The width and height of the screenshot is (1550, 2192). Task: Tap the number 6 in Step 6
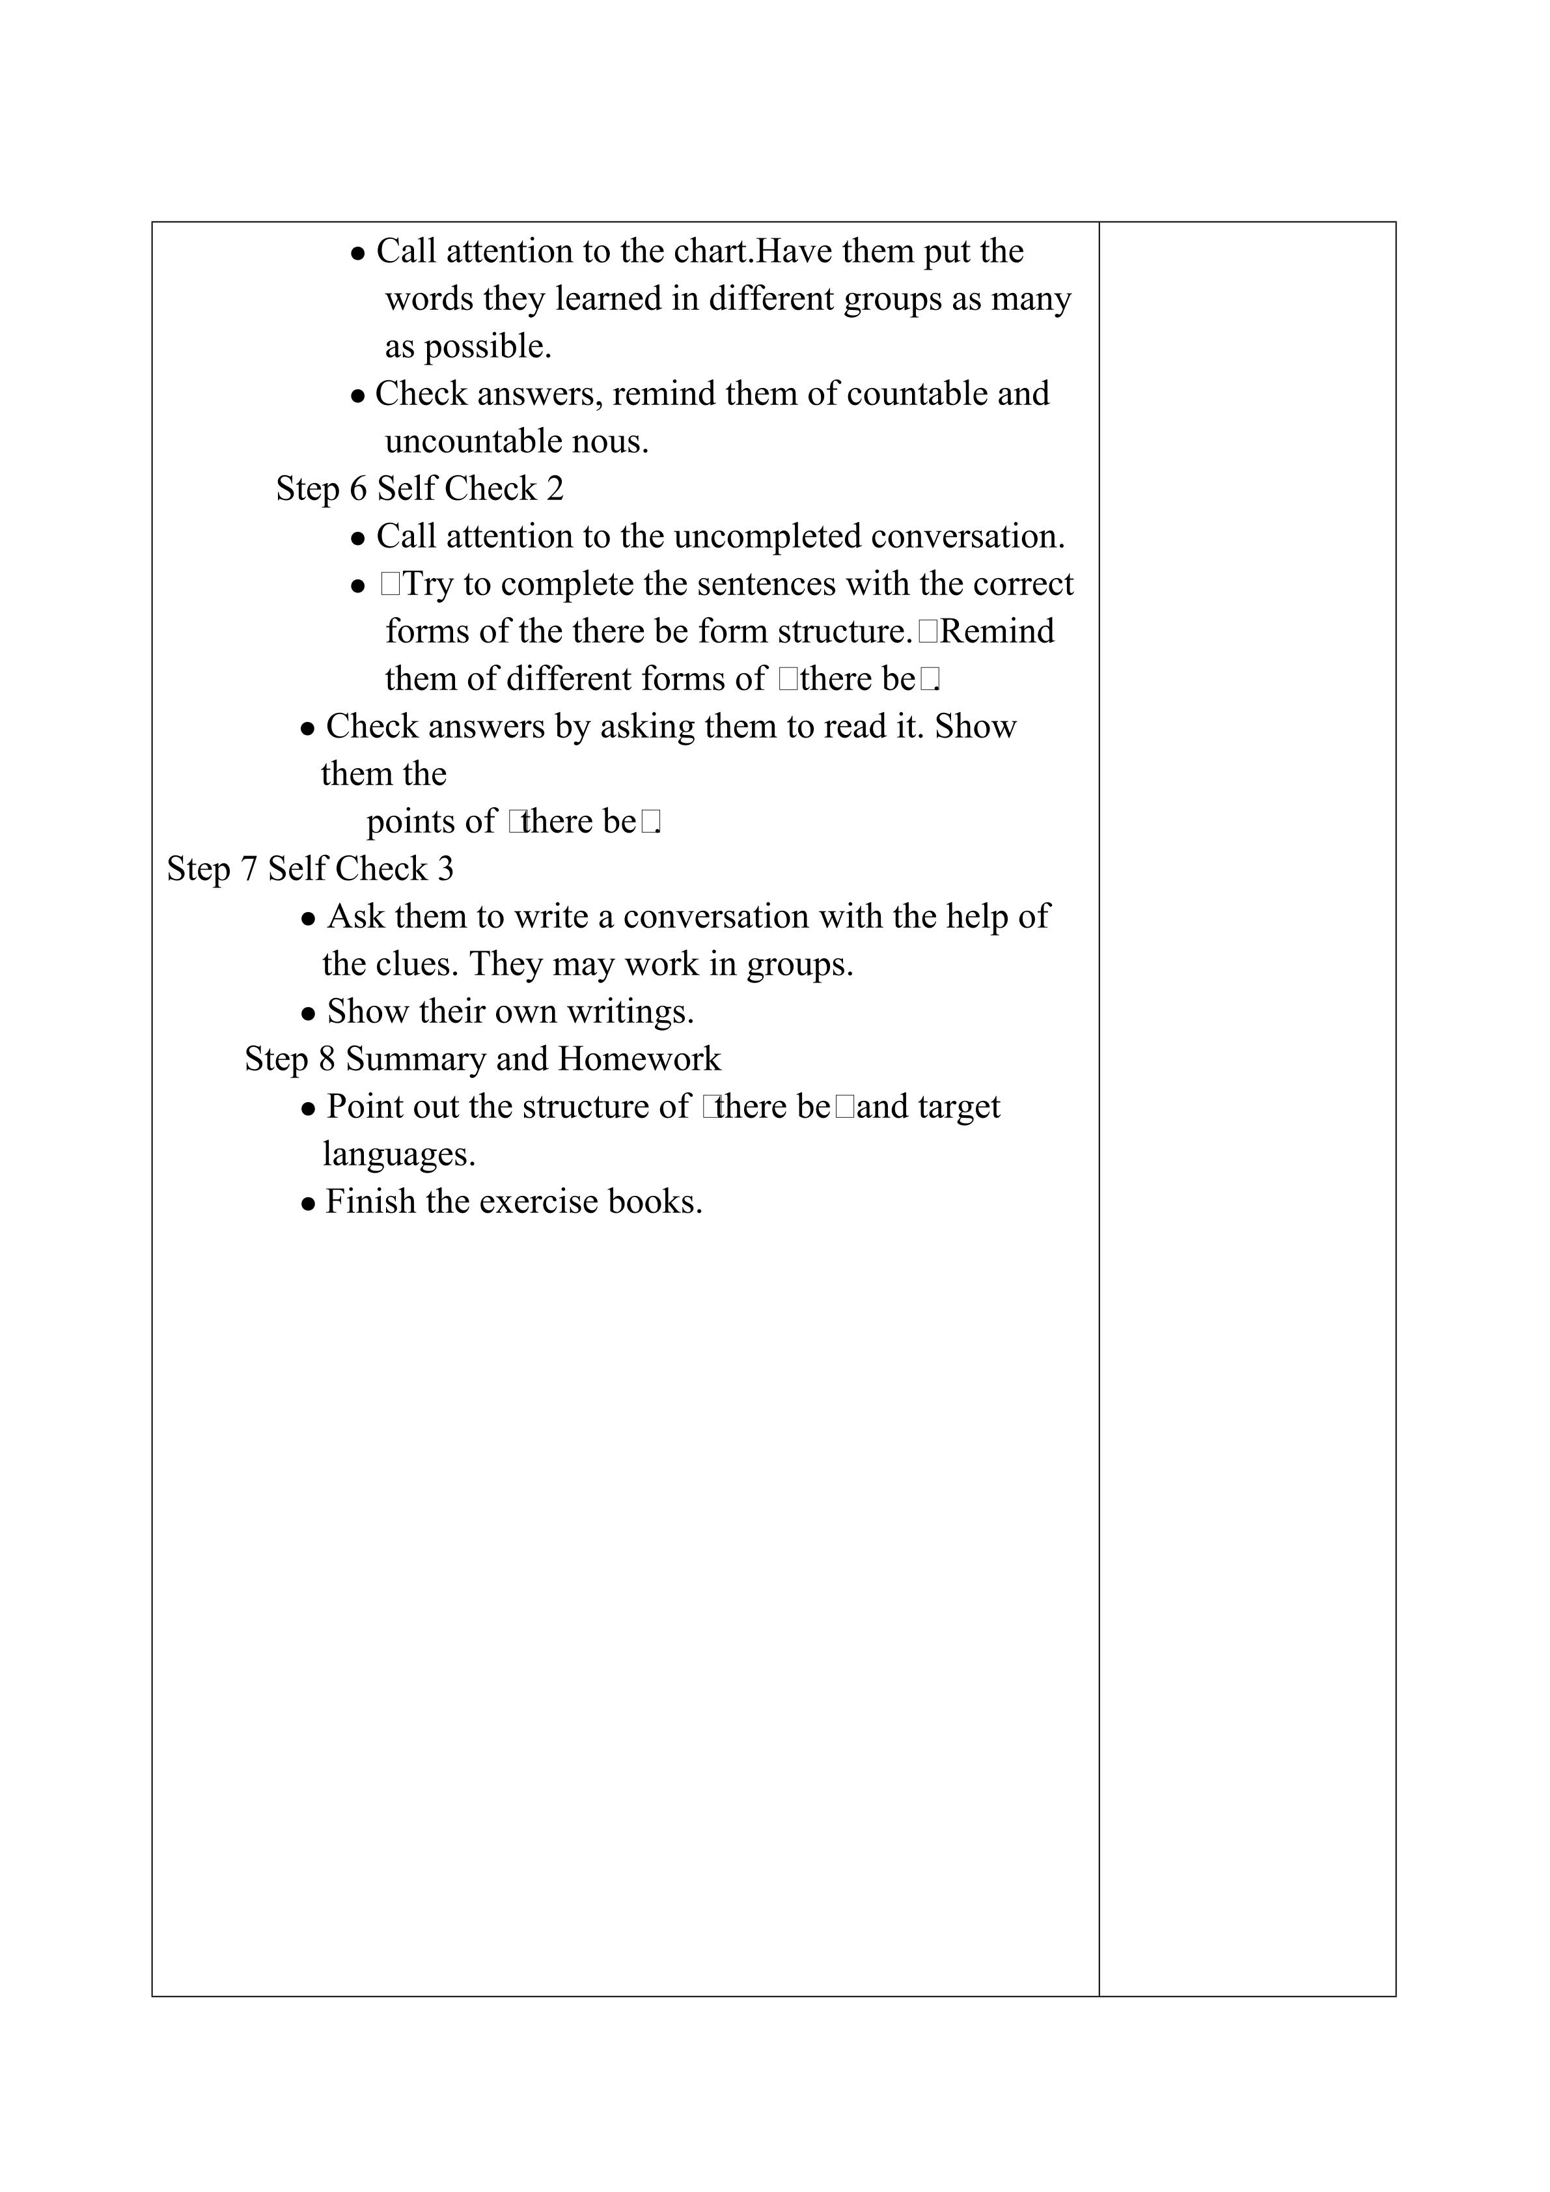click(x=358, y=489)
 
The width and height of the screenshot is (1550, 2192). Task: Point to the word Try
click(x=428, y=584)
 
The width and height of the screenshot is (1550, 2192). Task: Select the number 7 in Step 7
click(x=249, y=868)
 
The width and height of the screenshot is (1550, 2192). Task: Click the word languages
click(x=399, y=1154)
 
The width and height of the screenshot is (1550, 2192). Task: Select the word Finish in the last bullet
click(x=370, y=1202)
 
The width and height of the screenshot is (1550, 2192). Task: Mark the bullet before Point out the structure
click(x=309, y=1109)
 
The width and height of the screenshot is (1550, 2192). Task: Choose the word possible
click(x=488, y=346)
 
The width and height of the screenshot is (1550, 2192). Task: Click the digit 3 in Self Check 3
click(x=446, y=868)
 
